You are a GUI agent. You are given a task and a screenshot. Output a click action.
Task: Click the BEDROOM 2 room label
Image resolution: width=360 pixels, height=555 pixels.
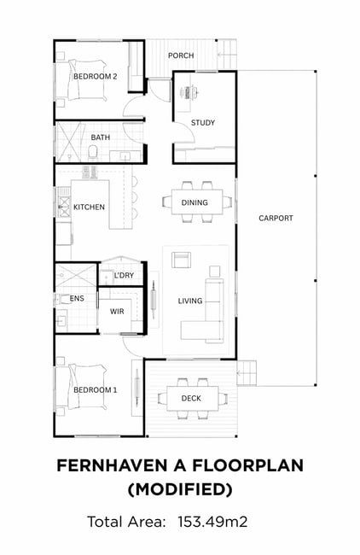tap(96, 77)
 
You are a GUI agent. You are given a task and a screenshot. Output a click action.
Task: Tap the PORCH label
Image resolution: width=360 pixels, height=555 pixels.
tap(181, 55)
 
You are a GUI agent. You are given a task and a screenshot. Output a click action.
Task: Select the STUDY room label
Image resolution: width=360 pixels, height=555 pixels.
tap(203, 123)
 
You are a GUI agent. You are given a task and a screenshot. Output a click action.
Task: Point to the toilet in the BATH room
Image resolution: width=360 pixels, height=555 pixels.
tap(93, 154)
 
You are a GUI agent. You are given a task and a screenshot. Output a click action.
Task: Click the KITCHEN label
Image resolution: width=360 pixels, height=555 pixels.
tap(89, 207)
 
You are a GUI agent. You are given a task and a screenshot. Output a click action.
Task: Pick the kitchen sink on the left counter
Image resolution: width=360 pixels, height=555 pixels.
tap(64, 207)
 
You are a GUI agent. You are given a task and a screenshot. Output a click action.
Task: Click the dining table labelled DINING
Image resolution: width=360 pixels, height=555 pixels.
tap(197, 202)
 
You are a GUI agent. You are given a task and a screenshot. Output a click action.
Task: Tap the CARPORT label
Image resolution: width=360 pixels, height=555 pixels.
tap(276, 218)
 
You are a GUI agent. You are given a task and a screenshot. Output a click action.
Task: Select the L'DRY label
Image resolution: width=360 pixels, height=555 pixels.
tap(124, 276)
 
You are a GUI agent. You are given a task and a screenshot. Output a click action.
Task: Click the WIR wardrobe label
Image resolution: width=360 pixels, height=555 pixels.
tap(117, 312)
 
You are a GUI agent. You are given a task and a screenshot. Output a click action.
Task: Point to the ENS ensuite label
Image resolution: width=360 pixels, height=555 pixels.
tap(77, 298)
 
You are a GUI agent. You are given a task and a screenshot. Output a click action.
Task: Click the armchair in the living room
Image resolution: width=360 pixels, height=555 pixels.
tap(182, 260)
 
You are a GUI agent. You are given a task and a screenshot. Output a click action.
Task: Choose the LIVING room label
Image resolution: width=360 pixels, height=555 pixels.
tap(190, 301)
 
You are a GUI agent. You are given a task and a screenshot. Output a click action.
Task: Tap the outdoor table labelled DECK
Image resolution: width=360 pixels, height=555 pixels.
tap(193, 398)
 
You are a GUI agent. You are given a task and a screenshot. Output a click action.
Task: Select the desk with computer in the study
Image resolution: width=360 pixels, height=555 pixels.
tap(187, 92)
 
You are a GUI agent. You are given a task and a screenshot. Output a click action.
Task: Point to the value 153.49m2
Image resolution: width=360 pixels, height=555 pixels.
tap(212, 522)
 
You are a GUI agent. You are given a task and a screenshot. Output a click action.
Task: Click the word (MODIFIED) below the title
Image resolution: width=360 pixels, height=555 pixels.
tap(180, 489)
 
